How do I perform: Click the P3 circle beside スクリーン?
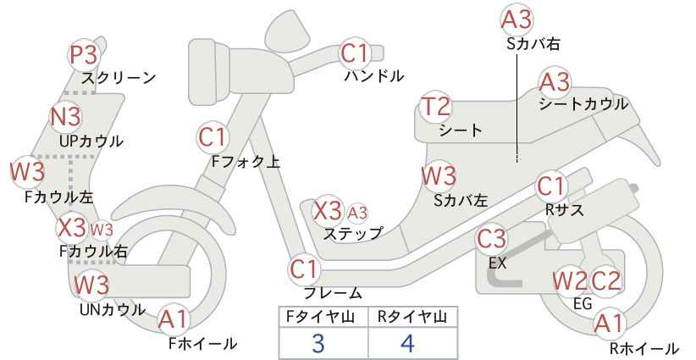pos(84,56)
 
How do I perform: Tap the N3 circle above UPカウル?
pos(65,116)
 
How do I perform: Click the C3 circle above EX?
pos(492,240)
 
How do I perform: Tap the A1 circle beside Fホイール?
pos(174,320)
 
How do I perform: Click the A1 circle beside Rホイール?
pos(609,323)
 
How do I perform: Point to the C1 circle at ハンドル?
pos(355,54)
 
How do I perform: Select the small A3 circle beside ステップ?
pos(358,212)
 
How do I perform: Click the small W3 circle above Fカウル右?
pos(102,229)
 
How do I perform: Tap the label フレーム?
pos(333,293)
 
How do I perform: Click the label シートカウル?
pos(583,104)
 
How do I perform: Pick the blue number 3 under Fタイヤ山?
pos(318,344)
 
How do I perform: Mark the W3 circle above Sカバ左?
pos(439,175)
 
